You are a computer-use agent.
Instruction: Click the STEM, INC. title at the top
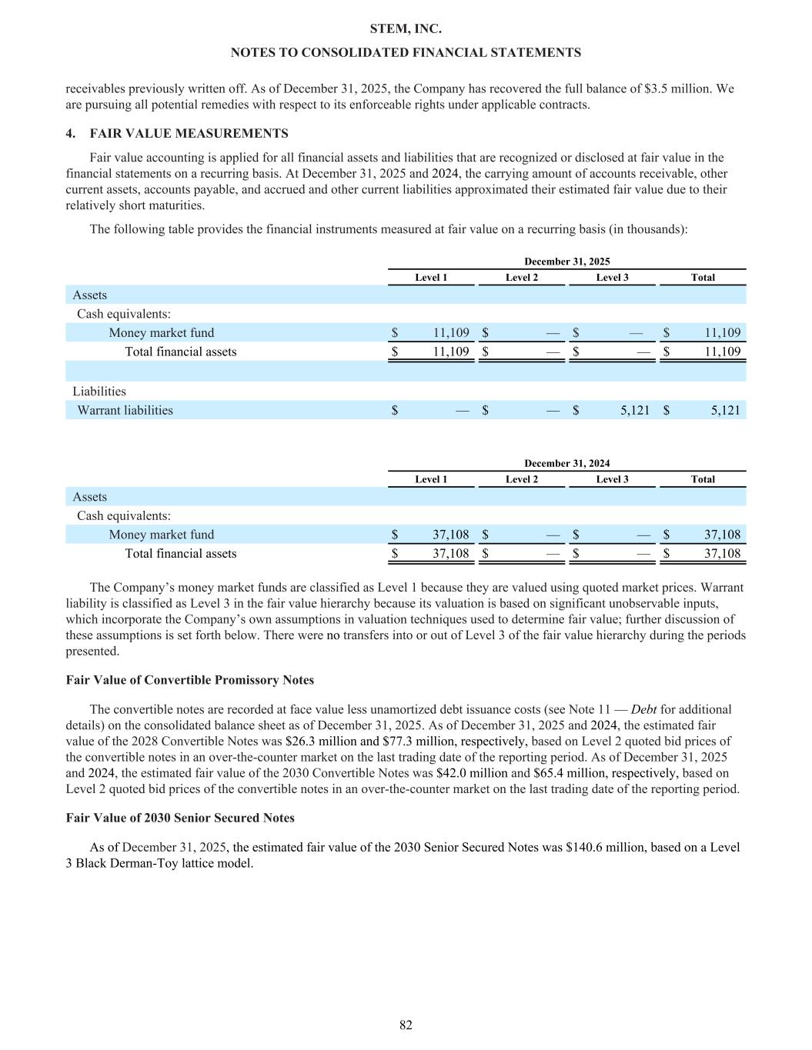(406, 29)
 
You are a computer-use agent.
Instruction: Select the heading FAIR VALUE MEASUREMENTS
(189, 134)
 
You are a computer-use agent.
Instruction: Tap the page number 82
(406, 1025)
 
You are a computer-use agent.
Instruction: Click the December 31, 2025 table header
(566, 262)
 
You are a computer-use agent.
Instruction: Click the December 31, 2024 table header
(566, 463)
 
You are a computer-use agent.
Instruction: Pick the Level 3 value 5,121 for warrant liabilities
(634, 410)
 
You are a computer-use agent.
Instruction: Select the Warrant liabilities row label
(125, 410)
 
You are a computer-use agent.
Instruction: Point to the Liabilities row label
(99, 392)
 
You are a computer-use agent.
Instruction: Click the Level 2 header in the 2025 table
(521, 278)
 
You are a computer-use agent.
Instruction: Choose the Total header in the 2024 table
(702, 479)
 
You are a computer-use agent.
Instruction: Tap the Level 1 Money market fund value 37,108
(450, 535)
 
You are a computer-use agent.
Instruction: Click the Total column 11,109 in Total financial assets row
(723, 352)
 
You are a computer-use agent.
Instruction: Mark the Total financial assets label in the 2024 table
(180, 554)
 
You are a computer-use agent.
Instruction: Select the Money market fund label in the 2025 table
(161, 333)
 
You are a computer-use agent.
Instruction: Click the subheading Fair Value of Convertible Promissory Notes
(189, 680)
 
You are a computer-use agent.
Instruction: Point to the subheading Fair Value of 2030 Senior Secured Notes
(180, 818)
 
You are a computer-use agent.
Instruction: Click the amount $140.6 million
(604, 847)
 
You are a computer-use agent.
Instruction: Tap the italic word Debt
(644, 709)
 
